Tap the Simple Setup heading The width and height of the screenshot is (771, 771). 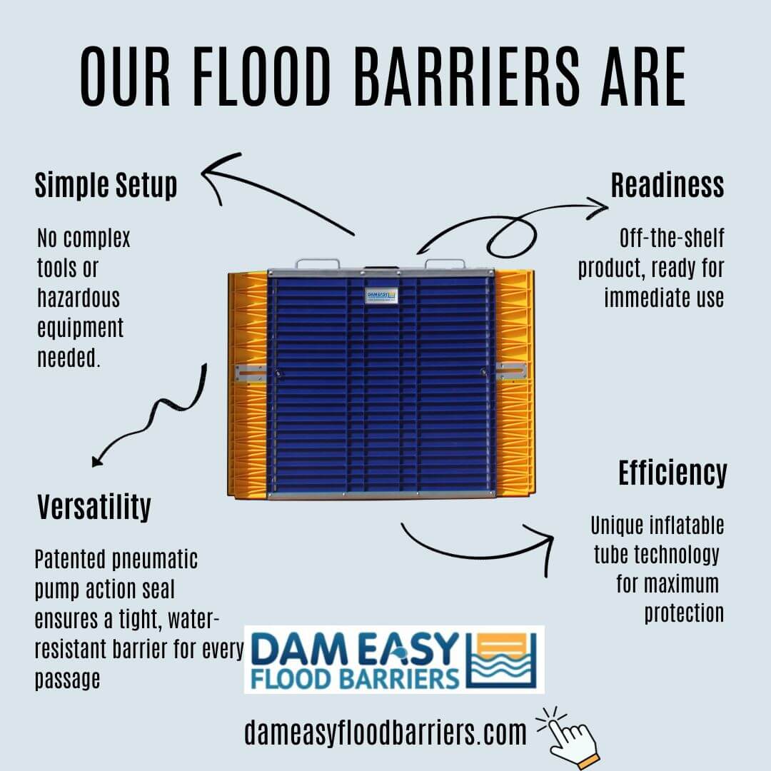(106, 186)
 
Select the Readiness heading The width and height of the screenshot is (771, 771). (667, 185)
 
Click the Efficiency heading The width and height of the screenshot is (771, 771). (672, 473)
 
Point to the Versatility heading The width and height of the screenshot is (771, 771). (94, 507)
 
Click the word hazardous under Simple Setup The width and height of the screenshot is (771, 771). (79, 298)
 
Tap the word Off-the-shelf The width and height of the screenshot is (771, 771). (672, 238)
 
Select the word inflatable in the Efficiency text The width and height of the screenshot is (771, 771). (691, 525)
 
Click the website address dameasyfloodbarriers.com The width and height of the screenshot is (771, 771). (385, 732)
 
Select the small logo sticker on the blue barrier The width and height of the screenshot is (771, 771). (381, 296)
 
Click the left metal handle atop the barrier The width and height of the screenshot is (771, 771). (317, 263)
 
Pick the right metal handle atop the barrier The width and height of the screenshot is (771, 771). (445, 263)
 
